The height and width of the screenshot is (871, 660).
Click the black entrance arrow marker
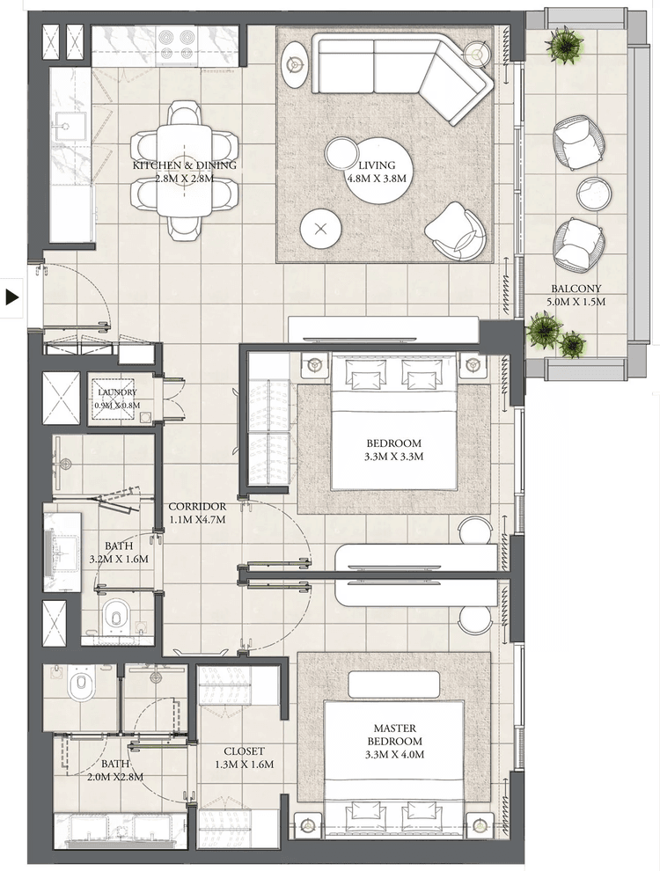pos(12,296)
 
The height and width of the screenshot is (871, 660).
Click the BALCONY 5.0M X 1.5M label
pos(576,295)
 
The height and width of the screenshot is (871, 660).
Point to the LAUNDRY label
pos(117,398)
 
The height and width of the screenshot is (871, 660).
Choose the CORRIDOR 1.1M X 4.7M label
pos(197,513)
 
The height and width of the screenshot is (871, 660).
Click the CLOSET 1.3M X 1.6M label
pos(244,758)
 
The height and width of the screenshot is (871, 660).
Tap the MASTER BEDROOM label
pos(393,741)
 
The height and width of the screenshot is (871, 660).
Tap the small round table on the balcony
pos(594,192)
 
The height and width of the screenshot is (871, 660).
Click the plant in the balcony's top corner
pos(563,44)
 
